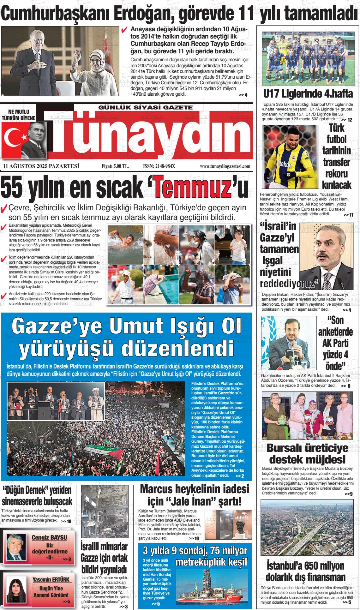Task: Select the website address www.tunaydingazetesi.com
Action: pyautogui.click(x=225, y=166)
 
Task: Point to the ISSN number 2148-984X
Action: pyautogui.click(x=159, y=166)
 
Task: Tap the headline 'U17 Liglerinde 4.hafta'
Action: pyautogui.click(x=308, y=94)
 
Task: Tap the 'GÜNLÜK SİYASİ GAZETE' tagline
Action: pyautogui.click(x=146, y=107)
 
